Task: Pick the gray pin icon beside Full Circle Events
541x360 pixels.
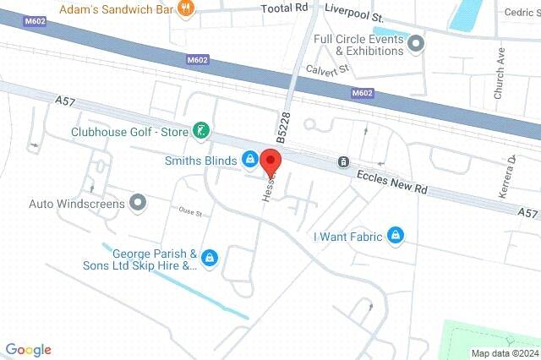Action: click(416, 44)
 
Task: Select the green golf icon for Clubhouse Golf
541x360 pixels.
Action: click(200, 130)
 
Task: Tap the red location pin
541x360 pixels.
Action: click(270, 160)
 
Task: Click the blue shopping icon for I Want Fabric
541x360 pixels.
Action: click(395, 236)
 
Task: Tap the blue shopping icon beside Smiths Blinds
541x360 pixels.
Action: click(250, 159)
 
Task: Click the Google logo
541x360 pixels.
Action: click(28, 350)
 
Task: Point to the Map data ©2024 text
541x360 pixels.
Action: click(504, 353)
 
